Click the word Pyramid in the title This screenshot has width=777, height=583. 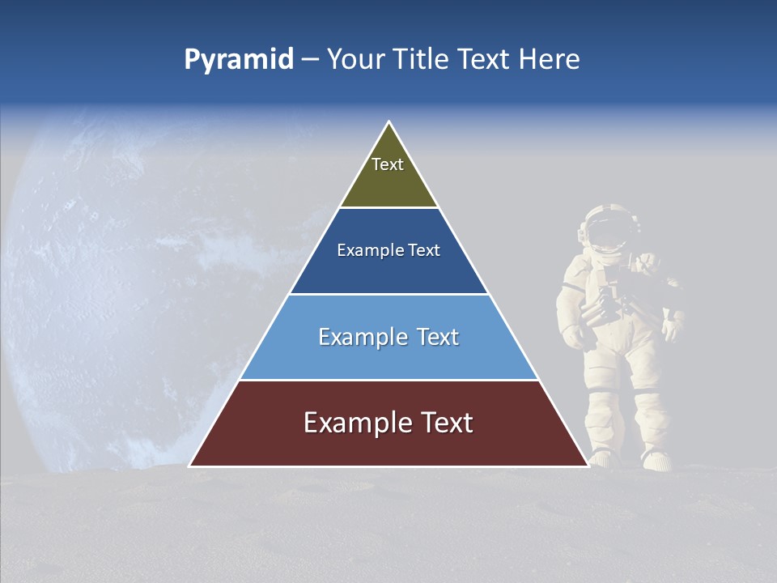click(x=238, y=60)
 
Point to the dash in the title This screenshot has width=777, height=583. click(x=310, y=61)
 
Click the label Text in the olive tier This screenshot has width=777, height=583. click(x=388, y=164)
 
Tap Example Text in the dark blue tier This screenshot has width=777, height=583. click(x=388, y=250)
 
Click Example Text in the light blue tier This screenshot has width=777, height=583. click(x=388, y=337)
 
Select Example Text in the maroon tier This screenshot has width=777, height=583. click(x=388, y=423)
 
